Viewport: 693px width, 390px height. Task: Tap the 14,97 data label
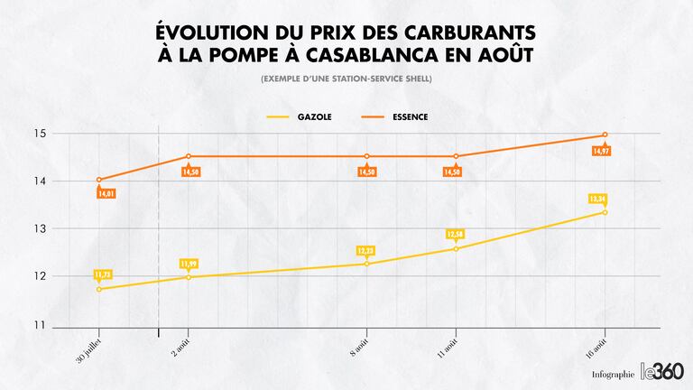(x=602, y=151)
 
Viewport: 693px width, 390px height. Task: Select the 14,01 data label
(x=106, y=193)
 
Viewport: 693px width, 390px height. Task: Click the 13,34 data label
(x=597, y=199)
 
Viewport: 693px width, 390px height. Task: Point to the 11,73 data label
(x=102, y=274)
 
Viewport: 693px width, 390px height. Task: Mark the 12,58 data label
(x=454, y=235)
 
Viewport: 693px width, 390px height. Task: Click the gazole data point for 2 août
(x=189, y=276)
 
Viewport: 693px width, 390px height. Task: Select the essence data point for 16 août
(x=605, y=135)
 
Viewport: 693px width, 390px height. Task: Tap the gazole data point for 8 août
(x=366, y=264)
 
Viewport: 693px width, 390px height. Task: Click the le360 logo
(x=662, y=370)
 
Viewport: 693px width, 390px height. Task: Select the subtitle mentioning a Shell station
(x=346, y=79)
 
